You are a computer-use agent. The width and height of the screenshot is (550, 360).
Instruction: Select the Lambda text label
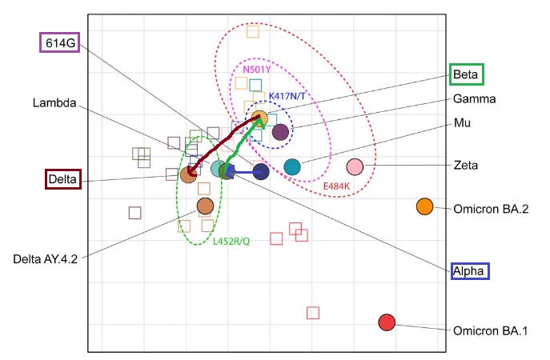pyautogui.click(x=54, y=103)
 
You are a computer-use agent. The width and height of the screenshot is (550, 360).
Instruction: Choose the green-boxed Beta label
pyautogui.click(x=466, y=74)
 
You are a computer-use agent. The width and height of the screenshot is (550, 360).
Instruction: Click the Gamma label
pyautogui.click(x=474, y=99)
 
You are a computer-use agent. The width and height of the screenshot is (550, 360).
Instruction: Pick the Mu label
pyautogui.click(x=462, y=123)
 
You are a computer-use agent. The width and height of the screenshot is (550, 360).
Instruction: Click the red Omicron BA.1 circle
pyautogui.click(x=387, y=322)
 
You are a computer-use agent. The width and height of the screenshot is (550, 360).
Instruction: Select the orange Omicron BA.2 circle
pyautogui.click(x=424, y=206)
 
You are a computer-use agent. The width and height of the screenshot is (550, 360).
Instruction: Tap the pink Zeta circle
pyautogui.click(x=355, y=167)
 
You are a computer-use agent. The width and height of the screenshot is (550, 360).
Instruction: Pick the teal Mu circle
pyautogui.click(x=292, y=166)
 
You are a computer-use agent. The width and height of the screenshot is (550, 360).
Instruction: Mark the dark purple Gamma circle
pyautogui.click(x=280, y=132)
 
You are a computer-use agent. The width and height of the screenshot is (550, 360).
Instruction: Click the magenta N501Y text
pyautogui.click(x=257, y=70)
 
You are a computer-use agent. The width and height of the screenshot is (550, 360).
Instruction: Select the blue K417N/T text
pyautogui.click(x=287, y=96)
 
